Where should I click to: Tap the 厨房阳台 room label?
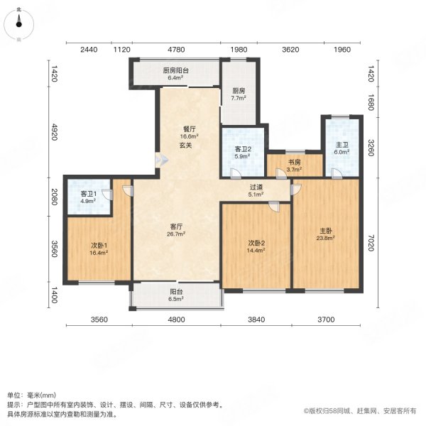175,75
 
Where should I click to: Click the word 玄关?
185,146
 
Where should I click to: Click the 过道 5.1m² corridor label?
255,192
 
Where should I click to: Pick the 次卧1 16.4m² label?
98,248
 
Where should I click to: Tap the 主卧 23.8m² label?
326,234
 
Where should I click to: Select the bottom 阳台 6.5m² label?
175,296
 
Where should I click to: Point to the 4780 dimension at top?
175,50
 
